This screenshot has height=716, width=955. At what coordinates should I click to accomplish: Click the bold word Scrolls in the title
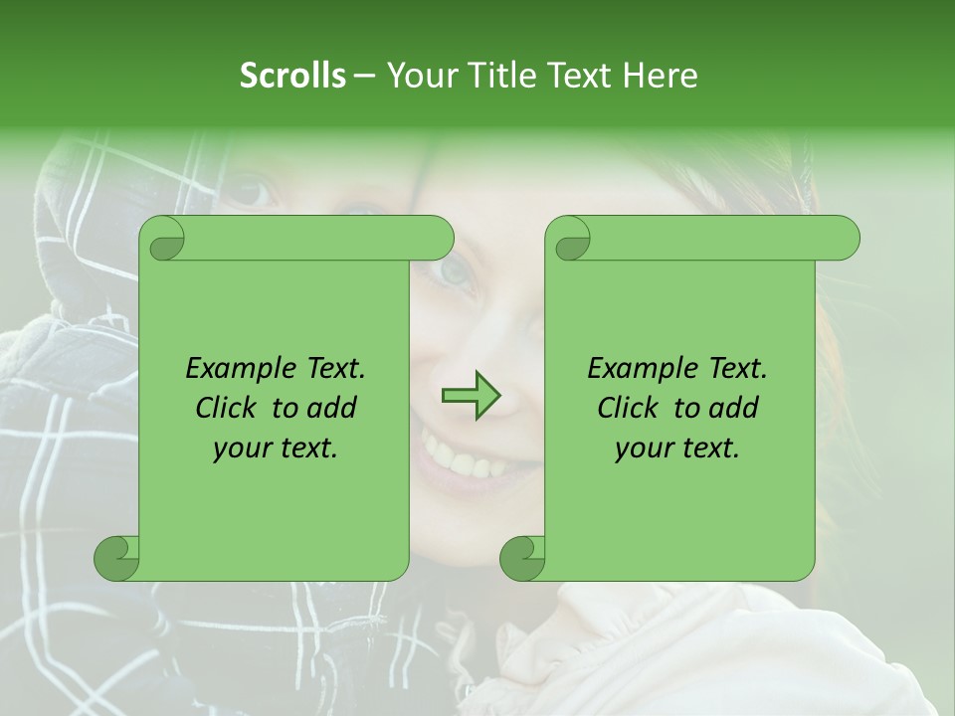pyautogui.click(x=293, y=76)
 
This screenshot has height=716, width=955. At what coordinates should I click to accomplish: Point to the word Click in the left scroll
pyautogui.click(x=228, y=408)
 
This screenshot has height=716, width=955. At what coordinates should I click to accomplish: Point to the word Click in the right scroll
pyautogui.click(x=630, y=408)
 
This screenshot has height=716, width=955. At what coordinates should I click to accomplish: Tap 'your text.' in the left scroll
pyautogui.click(x=276, y=448)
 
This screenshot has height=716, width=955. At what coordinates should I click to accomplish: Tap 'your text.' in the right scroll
pyautogui.click(x=677, y=448)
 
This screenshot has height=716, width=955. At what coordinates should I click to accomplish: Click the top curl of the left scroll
pyautogui.click(x=165, y=239)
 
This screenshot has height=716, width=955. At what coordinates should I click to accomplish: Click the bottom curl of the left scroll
pyautogui.click(x=115, y=558)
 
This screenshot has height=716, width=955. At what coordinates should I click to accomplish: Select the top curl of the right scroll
pyautogui.click(x=571, y=239)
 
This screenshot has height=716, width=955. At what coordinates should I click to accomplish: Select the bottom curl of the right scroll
pyautogui.click(x=521, y=558)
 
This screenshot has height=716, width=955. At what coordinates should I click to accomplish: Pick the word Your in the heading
pyautogui.click(x=419, y=76)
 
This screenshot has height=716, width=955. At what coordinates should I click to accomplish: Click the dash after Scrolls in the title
pyautogui.click(x=364, y=77)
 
